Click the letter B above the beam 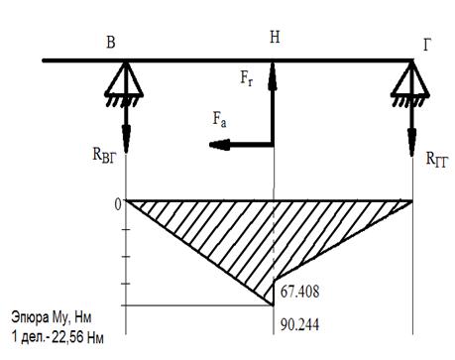[111, 43]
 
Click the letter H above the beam [275, 37]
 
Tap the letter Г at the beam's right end [427, 45]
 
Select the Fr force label [247, 78]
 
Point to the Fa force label [219, 119]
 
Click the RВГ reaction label [104, 155]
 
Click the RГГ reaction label [437, 160]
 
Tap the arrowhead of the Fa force [219, 145]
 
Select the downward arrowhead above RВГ [126, 139]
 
